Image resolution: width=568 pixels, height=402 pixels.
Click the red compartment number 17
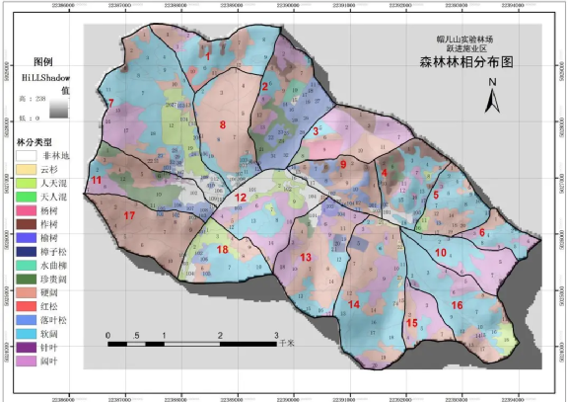pyautogui.click(x=129, y=215)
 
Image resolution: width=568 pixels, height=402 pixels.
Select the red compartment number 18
pyautogui.click(x=222, y=250)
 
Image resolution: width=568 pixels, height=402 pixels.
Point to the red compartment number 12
pyautogui.click(x=240, y=198)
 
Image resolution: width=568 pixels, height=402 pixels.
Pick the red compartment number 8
pyautogui.click(x=223, y=124)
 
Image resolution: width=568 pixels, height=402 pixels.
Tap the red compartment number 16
pyautogui.click(x=457, y=305)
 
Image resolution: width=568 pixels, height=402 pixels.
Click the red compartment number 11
pyautogui.click(x=97, y=182)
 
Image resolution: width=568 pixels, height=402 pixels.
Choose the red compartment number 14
pyautogui.click(x=353, y=304)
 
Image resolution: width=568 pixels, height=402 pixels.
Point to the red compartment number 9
pyautogui.click(x=343, y=164)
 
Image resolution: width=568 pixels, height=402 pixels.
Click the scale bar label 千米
pyautogui.click(x=287, y=345)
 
